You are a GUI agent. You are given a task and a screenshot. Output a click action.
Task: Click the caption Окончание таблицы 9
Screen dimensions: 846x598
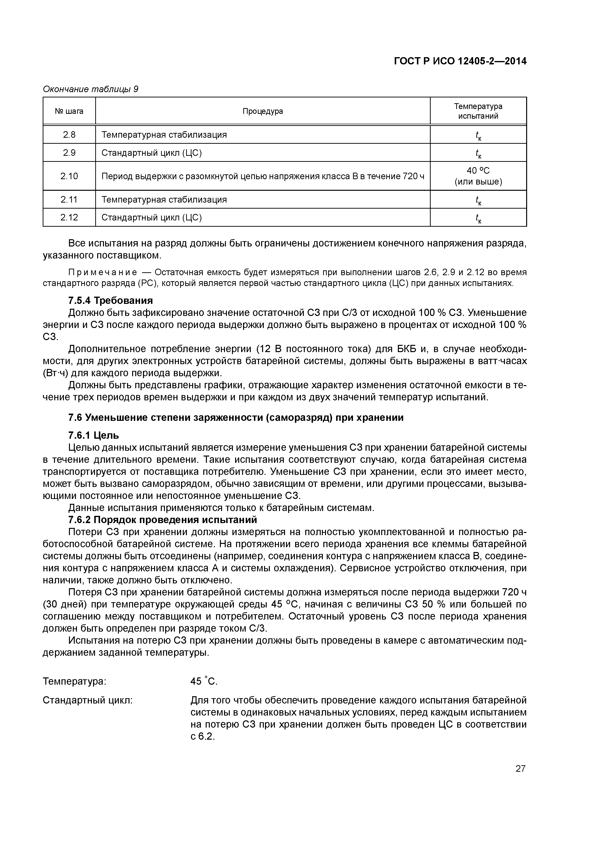click(91, 89)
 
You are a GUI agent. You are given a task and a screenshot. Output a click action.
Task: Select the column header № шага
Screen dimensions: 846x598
click(69, 111)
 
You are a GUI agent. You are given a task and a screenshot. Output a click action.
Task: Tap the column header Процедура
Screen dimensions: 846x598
click(263, 111)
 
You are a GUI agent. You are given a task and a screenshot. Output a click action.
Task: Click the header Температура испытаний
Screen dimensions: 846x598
click(478, 111)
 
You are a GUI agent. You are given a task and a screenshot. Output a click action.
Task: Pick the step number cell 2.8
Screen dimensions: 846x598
click(69, 135)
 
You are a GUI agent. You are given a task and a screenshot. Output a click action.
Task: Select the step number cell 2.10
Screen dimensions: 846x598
click(69, 176)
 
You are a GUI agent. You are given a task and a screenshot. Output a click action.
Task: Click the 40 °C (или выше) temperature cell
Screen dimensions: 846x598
click(478, 176)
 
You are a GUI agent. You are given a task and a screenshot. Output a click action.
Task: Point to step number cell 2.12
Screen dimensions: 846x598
click(69, 217)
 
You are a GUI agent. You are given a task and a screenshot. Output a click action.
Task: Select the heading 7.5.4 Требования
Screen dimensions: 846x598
click(110, 301)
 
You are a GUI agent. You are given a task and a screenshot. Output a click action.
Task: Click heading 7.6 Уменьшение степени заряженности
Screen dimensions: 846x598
click(236, 417)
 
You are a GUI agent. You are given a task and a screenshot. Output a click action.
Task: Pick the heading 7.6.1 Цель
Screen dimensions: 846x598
click(94, 436)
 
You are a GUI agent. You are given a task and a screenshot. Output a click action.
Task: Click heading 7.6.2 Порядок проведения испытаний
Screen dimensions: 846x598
click(163, 520)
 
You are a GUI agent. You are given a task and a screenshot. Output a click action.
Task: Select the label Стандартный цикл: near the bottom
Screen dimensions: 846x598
click(88, 700)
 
